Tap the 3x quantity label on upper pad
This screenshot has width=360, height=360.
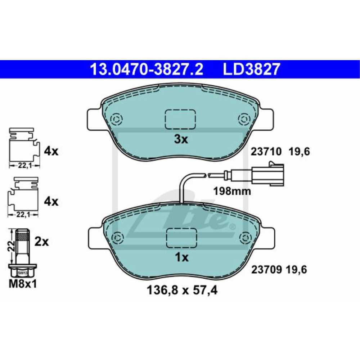click(181, 139)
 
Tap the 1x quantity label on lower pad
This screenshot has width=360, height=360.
click(181, 257)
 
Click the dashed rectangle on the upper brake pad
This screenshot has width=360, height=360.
click(180, 119)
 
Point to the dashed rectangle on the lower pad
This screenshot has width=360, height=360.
click(181, 238)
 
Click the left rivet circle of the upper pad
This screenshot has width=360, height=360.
click(117, 119)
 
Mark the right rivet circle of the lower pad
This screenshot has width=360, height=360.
click(245, 238)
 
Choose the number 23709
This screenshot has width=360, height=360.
click(266, 269)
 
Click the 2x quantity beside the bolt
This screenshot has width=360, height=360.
click(41, 242)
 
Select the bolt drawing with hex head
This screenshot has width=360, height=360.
click(22, 252)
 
